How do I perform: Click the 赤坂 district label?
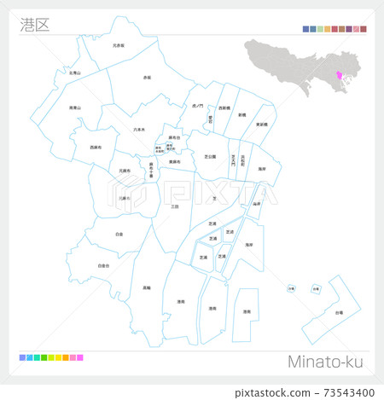tap(147, 77)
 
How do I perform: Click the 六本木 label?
tap(139, 130)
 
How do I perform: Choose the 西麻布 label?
tap(96, 148)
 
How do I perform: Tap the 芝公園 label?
tap(210, 156)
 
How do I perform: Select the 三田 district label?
tap(175, 206)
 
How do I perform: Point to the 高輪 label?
tap(147, 287)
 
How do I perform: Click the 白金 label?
tap(119, 233)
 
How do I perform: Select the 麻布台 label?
tap(174, 137)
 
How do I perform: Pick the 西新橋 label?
tap(223, 108)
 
